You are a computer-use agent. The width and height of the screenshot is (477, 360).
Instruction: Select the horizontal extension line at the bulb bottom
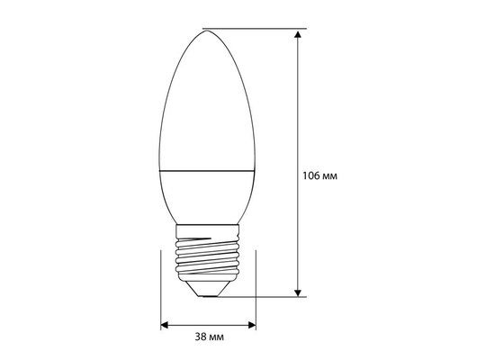tap(261, 294)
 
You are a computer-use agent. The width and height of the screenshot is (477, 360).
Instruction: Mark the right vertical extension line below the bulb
tap(256, 288)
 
